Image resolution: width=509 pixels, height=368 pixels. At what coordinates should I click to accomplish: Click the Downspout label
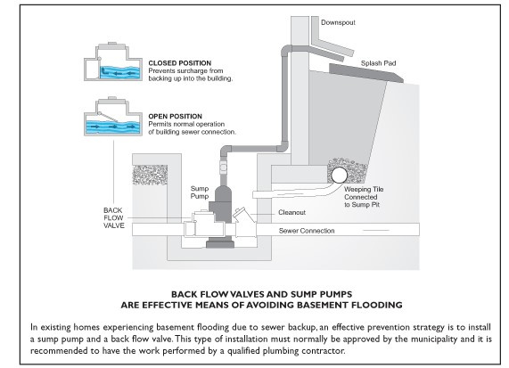(338, 22)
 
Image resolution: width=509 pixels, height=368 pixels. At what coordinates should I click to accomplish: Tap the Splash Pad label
(378, 63)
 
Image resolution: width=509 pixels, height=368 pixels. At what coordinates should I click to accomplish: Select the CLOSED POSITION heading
(180, 63)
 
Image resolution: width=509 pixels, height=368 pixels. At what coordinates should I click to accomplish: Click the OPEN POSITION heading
(176, 116)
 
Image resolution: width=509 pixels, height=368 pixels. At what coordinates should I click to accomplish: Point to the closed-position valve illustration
(113, 61)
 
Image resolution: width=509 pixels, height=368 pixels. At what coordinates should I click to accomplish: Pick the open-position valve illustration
(113, 117)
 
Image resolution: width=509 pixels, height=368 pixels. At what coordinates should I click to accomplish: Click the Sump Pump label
(200, 192)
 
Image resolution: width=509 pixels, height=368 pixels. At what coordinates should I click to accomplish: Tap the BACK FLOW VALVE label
(114, 217)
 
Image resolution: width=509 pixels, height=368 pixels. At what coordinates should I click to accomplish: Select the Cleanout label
(291, 213)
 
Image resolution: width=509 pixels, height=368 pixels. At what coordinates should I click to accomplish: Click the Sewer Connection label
(307, 231)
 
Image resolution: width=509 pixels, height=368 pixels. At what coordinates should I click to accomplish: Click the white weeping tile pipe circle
(339, 176)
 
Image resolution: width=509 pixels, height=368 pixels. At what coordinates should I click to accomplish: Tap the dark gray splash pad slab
(366, 73)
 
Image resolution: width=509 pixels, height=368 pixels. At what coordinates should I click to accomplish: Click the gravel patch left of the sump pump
(150, 175)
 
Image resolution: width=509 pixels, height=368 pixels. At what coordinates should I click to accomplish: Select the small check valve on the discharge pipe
(224, 167)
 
